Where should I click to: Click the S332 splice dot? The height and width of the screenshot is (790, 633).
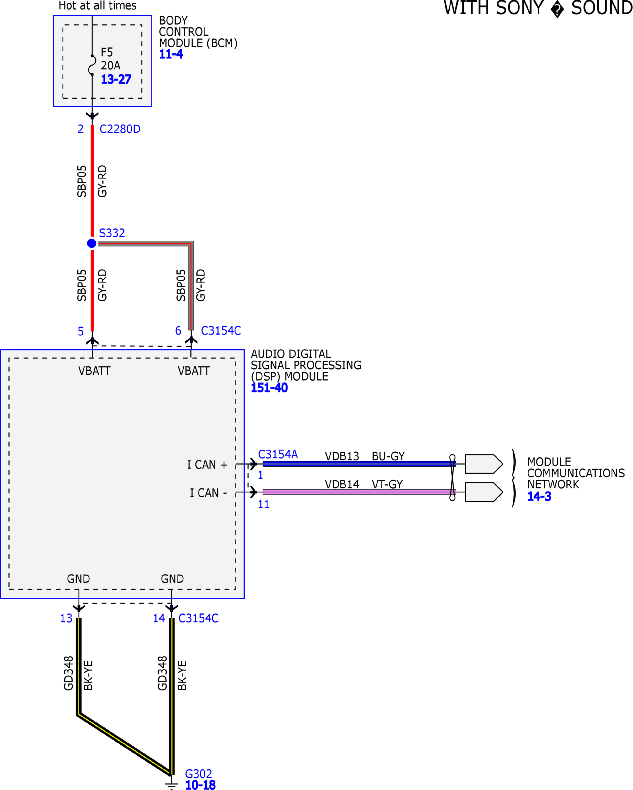[x=92, y=243]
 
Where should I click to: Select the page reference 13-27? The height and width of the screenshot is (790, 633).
[x=116, y=79]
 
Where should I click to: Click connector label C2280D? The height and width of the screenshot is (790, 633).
[x=120, y=129]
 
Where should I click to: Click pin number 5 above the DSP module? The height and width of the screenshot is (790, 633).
[x=81, y=331]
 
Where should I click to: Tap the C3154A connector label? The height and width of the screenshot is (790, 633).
[x=278, y=454]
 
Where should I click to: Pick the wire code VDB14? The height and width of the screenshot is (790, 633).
[x=342, y=484]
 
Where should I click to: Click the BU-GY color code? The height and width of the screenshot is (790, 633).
[x=388, y=456]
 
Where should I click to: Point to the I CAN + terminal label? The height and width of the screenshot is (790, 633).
[x=207, y=465]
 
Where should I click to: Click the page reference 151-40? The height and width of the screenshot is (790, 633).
[x=269, y=388]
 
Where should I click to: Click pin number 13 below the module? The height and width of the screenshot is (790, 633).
[x=66, y=619]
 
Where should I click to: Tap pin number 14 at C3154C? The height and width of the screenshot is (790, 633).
[x=159, y=619]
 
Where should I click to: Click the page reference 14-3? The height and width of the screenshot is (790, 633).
[x=539, y=496]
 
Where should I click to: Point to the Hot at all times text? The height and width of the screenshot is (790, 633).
[x=97, y=5]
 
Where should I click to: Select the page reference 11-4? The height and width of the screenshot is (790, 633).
[x=171, y=54]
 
